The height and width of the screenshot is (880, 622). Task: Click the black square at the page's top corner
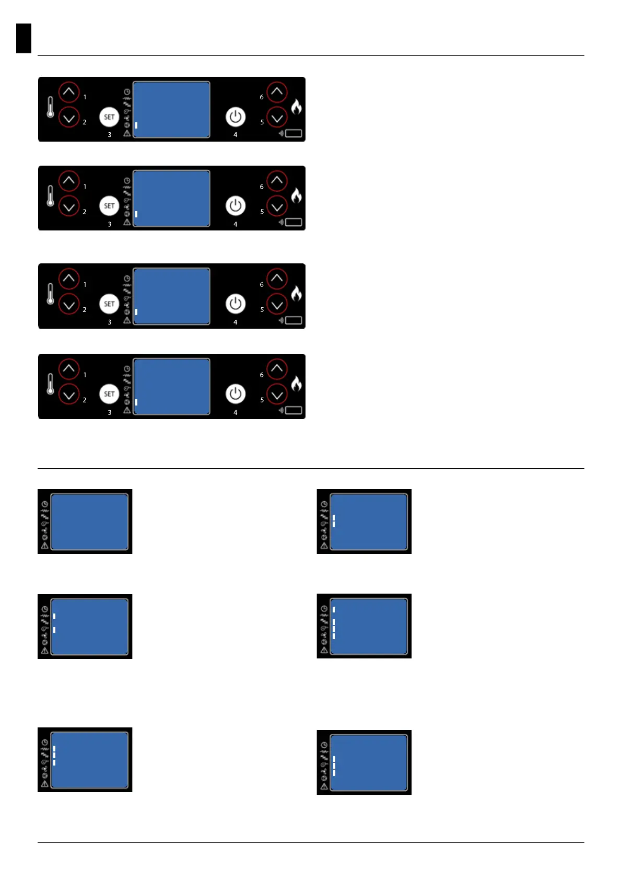pyautogui.click(x=24, y=38)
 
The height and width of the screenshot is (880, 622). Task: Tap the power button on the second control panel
pyautogui.click(x=235, y=206)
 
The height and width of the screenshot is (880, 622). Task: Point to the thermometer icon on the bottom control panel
pyautogui.click(x=50, y=384)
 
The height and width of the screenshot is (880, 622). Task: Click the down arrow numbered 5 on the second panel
pyautogui.click(x=277, y=206)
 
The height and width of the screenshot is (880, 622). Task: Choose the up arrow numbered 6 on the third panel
pyautogui.click(x=277, y=279)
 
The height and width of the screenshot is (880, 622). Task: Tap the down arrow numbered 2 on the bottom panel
pyautogui.click(x=69, y=395)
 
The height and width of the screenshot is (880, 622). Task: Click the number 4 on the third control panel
pyautogui.click(x=235, y=322)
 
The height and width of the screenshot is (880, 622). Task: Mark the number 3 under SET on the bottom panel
pyautogui.click(x=110, y=412)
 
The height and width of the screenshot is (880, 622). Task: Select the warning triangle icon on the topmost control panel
pyautogui.click(x=127, y=133)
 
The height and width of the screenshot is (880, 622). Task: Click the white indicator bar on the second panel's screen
pyautogui.click(x=136, y=214)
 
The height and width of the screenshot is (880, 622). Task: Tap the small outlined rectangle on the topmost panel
pyautogui.click(x=294, y=133)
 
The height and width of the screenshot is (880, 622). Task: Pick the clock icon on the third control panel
pyautogui.click(x=127, y=279)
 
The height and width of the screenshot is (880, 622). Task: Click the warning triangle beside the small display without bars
pyautogui.click(x=45, y=545)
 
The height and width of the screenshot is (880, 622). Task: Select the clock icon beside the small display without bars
pyautogui.click(x=45, y=504)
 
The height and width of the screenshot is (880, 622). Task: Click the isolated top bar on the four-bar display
pyautogui.click(x=334, y=609)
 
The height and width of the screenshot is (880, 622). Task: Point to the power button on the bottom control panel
pyautogui.click(x=235, y=394)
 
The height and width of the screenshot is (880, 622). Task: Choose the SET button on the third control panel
pyautogui.click(x=109, y=304)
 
